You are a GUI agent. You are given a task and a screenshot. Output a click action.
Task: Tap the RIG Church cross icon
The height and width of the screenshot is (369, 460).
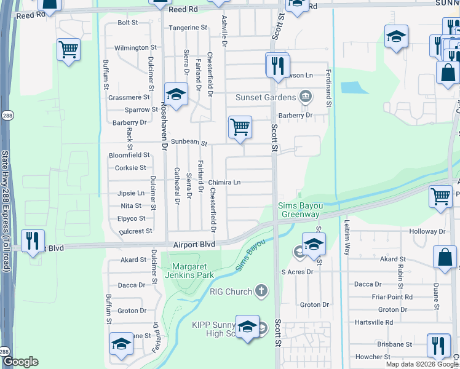pos(262,290)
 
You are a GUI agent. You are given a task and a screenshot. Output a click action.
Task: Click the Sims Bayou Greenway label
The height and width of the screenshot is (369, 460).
pos(299,210)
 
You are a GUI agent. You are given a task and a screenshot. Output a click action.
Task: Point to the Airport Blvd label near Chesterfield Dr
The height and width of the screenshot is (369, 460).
pos(194,244)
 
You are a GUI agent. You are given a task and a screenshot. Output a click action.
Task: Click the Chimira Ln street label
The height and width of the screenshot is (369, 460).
pos(224,182)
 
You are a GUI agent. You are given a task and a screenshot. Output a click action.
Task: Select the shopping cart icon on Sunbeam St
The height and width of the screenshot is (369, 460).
pos(240,127)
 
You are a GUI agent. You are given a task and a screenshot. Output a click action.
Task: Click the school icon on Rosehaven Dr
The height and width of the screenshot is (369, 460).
pos(176,95)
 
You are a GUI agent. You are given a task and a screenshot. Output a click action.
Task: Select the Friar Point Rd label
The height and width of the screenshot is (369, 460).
pos(392,297)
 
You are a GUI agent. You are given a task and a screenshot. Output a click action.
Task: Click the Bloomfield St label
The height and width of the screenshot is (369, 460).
pos(129,155)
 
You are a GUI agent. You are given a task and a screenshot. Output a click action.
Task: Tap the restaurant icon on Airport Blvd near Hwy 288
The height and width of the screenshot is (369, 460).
pos(33,240)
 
